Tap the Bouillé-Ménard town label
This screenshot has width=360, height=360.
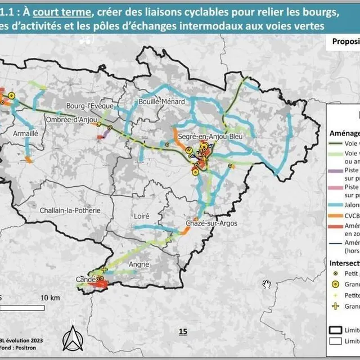coord(157,102)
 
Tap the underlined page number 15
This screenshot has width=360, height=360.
coord(182,331)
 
